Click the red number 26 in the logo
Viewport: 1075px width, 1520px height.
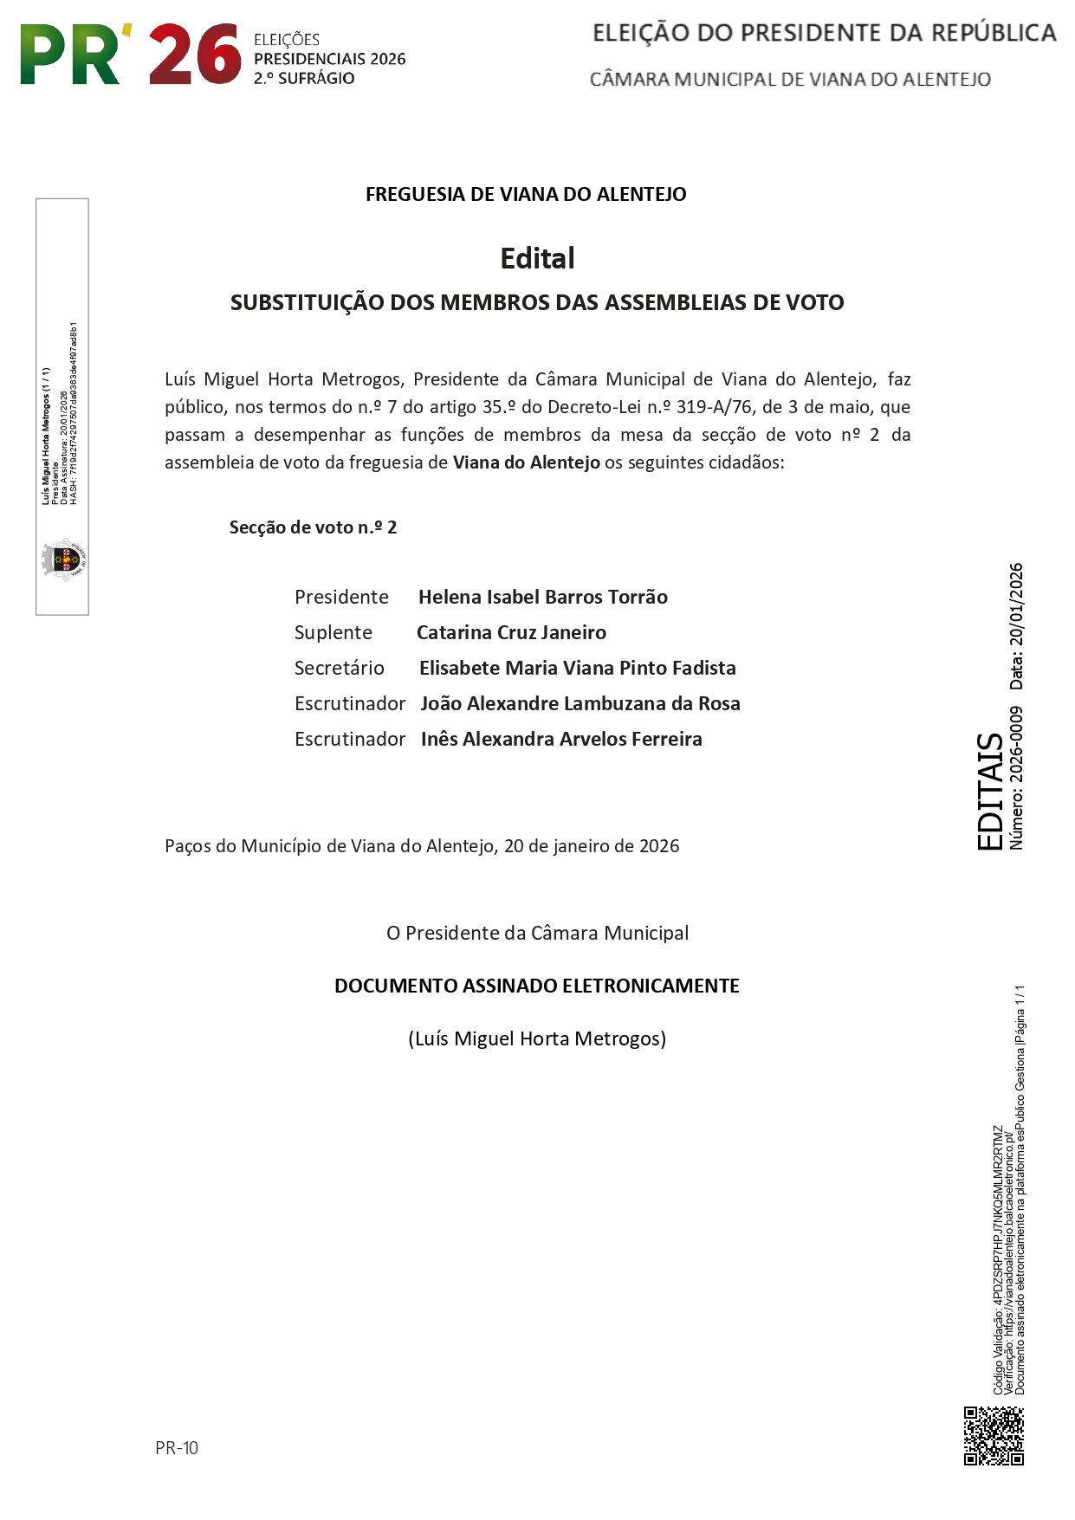coord(195,55)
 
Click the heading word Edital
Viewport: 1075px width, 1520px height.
coord(537,258)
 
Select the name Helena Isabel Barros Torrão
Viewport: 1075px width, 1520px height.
coord(542,597)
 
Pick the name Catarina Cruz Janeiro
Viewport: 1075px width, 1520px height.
coord(511,632)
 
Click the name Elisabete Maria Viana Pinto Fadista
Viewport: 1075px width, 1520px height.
coord(577,668)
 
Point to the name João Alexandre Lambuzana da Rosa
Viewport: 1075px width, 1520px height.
coord(580,703)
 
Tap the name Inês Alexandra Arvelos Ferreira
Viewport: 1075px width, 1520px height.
coord(561,739)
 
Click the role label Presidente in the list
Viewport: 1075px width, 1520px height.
coord(341,597)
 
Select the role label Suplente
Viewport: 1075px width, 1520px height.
coord(334,632)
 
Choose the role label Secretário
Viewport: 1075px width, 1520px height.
coord(339,668)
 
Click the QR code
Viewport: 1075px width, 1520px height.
coord(994,1436)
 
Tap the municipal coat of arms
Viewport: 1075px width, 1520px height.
coord(63,559)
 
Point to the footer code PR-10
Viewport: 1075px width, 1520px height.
coord(177,1448)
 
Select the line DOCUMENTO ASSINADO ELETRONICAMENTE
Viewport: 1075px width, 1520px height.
coord(537,986)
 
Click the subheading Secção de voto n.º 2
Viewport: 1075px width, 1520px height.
coord(313,527)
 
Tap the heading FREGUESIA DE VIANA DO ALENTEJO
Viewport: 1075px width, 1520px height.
coord(526,194)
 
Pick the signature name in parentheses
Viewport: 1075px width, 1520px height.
coord(537,1038)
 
